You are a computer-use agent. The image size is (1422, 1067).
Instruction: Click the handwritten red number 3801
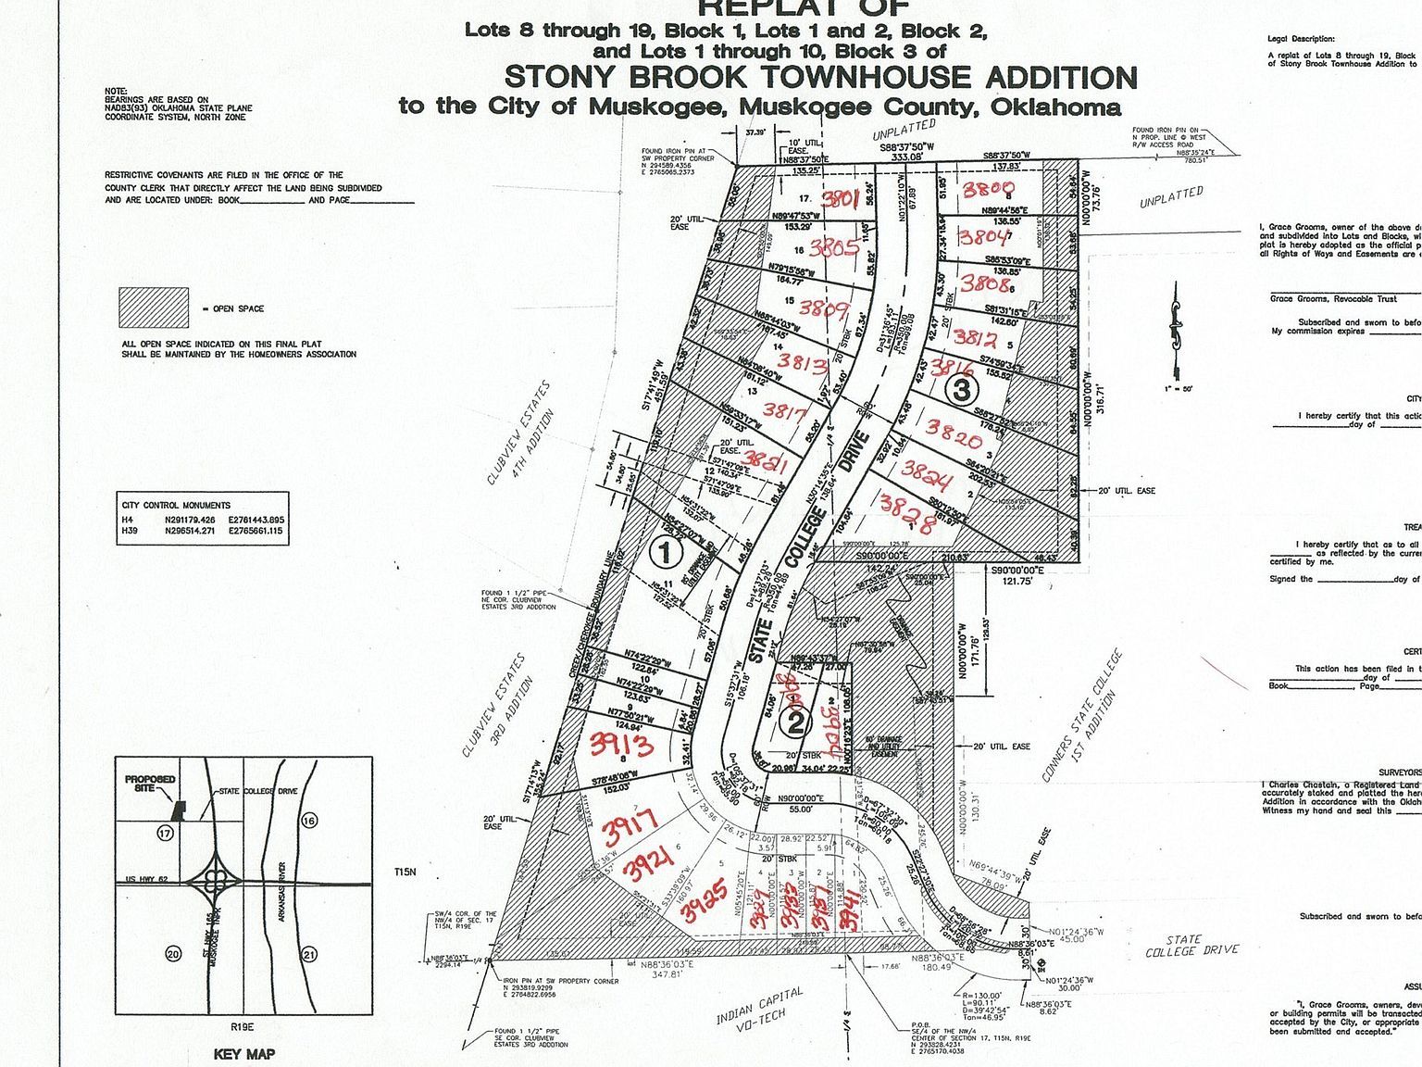pyautogui.click(x=842, y=199)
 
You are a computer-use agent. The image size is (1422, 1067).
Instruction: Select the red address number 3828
pyautogui.click(x=905, y=508)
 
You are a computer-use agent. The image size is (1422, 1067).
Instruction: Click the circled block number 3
pyautogui.click(x=962, y=391)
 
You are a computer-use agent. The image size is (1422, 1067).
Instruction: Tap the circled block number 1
pyautogui.click(x=664, y=554)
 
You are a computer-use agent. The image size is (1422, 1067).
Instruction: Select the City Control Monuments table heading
pyautogui.click(x=176, y=505)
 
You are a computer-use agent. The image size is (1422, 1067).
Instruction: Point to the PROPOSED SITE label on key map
pyautogui.click(x=150, y=784)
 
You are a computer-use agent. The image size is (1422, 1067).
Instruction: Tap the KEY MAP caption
pyautogui.click(x=243, y=1054)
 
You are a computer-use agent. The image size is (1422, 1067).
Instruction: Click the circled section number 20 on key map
pyautogui.click(x=171, y=955)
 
